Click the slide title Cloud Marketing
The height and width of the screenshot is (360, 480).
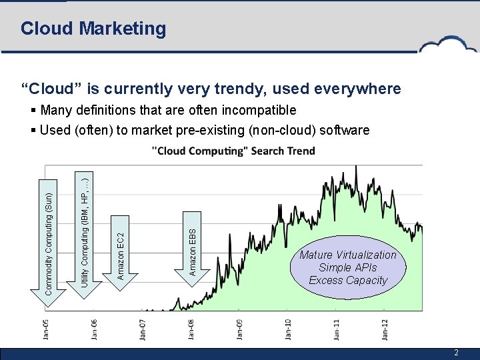(93, 29)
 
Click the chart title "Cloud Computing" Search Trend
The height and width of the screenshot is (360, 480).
(233, 151)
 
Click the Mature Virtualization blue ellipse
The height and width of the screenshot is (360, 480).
(347, 267)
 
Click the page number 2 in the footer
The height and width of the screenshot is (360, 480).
(456, 353)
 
